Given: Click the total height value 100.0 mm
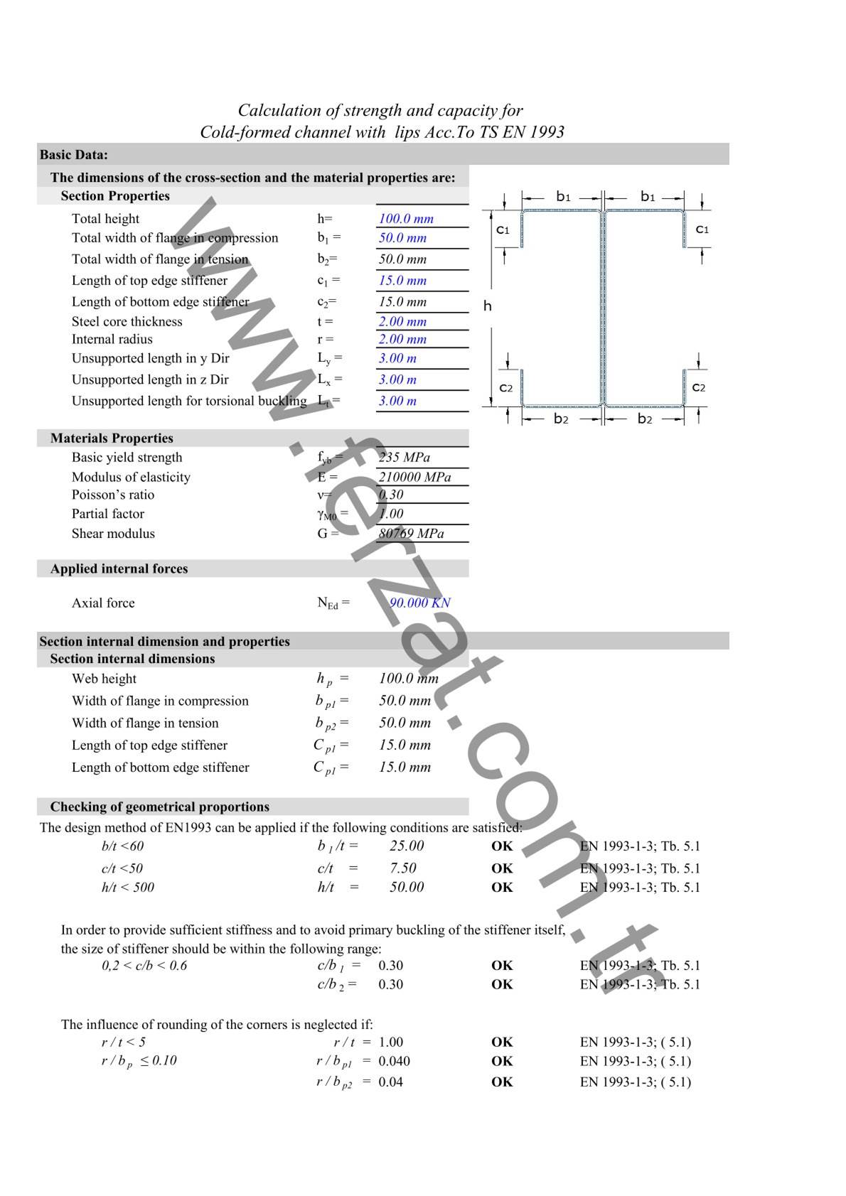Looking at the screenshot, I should pyautogui.click(x=405, y=219).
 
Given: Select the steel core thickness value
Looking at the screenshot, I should pyautogui.click(x=402, y=321).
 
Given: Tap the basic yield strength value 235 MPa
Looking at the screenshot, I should pyautogui.click(x=404, y=458).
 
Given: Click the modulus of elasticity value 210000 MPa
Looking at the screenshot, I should pyautogui.click(x=414, y=477).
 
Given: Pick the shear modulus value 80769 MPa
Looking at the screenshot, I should pyautogui.click(x=411, y=534).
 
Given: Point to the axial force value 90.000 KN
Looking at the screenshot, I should pyautogui.click(x=419, y=603).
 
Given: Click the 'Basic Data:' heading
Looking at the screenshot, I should pyautogui.click(x=74, y=155).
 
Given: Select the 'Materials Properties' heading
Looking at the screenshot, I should pyautogui.click(x=112, y=438).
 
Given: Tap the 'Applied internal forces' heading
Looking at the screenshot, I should pyautogui.click(x=119, y=569).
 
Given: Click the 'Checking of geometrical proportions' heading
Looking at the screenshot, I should pyautogui.click(x=159, y=807).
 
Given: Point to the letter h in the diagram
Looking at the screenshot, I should pyautogui.click(x=488, y=306).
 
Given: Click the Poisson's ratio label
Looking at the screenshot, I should pyautogui.click(x=112, y=495).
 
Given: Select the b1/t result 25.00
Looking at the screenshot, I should pyautogui.click(x=407, y=846).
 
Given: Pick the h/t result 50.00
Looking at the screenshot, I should pyautogui.click(x=407, y=888).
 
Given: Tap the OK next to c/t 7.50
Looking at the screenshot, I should pyautogui.click(x=502, y=868).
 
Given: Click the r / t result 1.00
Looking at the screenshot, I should pyautogui.click(x=390, y=1043).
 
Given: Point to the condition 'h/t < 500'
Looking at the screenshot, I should pyautogui.click(x=127, y=888).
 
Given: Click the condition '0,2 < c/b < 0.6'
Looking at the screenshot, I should pyautogui.click(x=144, y=966).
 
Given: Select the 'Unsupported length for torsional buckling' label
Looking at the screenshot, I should pyautogui.click(x=189, y=401).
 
